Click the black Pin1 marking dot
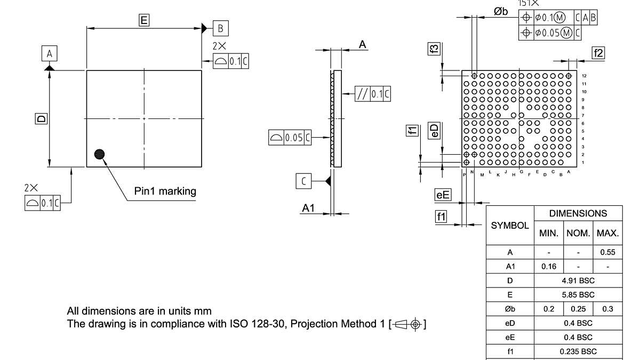pos(99,154)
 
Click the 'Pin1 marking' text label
pos(165,191)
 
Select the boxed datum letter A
pos(49,54)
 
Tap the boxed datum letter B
pos(221,28)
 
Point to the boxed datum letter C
pos(303,181)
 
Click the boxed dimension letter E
pos(143,20)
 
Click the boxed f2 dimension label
pos(598,52)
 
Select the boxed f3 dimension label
pos(434,49)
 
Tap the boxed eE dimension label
pos(443,195)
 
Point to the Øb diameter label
pos(500,12)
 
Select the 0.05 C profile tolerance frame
pos(290,138)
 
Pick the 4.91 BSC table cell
pos(578,280)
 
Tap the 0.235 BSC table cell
pos(578,351)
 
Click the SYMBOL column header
pos(510,226)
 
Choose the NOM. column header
pos(578,233)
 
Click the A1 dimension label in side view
pos(308,209)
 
